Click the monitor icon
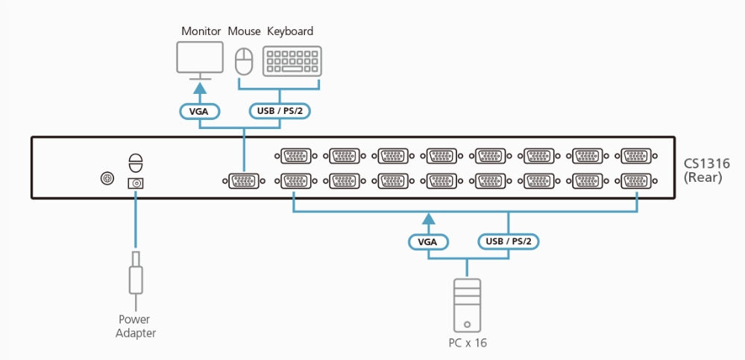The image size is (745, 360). click(200, 58)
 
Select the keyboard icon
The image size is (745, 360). click(292, 60)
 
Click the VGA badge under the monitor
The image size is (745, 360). click(200, 112)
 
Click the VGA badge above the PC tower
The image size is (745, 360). click(428, 241)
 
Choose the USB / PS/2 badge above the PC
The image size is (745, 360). click(508, 241)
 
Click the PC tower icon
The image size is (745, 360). click(467, 304)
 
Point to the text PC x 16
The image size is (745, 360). click(467, 343)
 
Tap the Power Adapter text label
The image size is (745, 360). click(136, 326)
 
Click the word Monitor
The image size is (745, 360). click(201, 31)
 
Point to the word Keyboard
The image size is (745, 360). click(290, 31)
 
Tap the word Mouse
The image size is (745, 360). click(244, 31)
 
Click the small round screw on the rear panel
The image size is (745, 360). click(107, 179)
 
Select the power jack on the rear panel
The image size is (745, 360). click(136, 183)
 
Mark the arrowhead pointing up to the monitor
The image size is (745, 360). click(200, 87)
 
